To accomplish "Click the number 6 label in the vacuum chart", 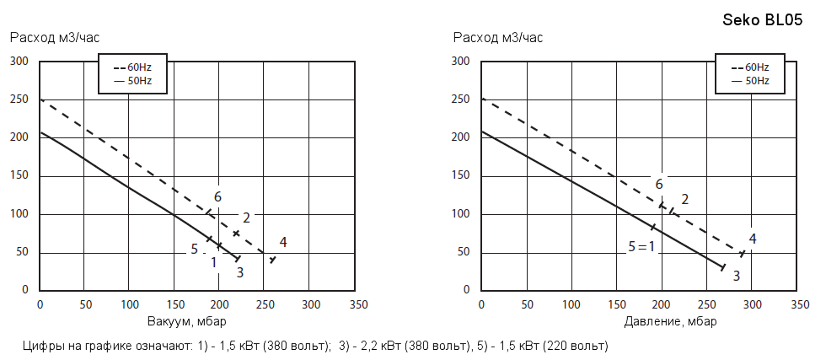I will click(x=217, y=196).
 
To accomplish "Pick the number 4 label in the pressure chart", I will click(x=753, y=239).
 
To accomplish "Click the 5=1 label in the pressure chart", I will click(x=641, y=247).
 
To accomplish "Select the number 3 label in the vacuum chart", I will click(x=239, y=272).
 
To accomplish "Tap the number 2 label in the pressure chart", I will click(x=685, y=199).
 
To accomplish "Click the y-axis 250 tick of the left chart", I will click(x=19, y=99).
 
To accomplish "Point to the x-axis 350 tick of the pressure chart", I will click(x=796, y=304).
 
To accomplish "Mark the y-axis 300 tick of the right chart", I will click(x=460, y=61).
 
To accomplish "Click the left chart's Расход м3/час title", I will click(x=54, y=37).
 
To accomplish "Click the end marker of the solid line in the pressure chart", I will click(x=723, y=267).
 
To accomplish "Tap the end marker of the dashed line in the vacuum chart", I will click(x=272, y=259).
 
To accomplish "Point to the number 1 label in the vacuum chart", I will click(x=214, y=262).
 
